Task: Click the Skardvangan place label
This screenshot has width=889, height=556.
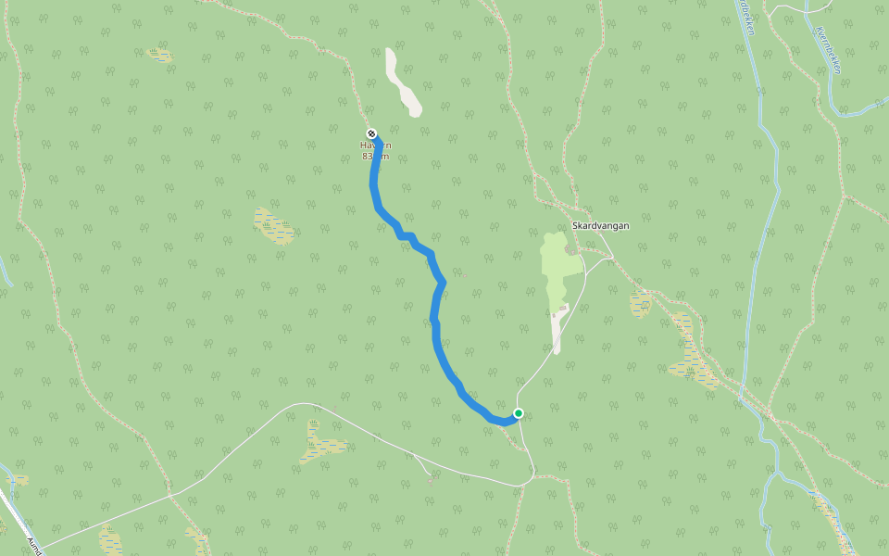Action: tap(600, 225)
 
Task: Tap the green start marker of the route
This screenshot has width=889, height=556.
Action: tap(519, 413)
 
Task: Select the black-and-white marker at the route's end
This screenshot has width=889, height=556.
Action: tap(371, 133)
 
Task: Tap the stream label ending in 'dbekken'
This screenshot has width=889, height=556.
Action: tap(746, 19)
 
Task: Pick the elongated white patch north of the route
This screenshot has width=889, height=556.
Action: tap(403, 83)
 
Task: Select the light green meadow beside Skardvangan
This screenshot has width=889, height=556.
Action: tap(557, 269)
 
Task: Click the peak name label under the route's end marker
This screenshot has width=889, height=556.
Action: tap(376, 145)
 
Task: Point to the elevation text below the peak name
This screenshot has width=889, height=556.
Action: tap(376, 157)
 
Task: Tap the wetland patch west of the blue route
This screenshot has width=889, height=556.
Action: tap(274, 225)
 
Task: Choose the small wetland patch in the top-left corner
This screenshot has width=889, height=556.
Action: tap(160, 55)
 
